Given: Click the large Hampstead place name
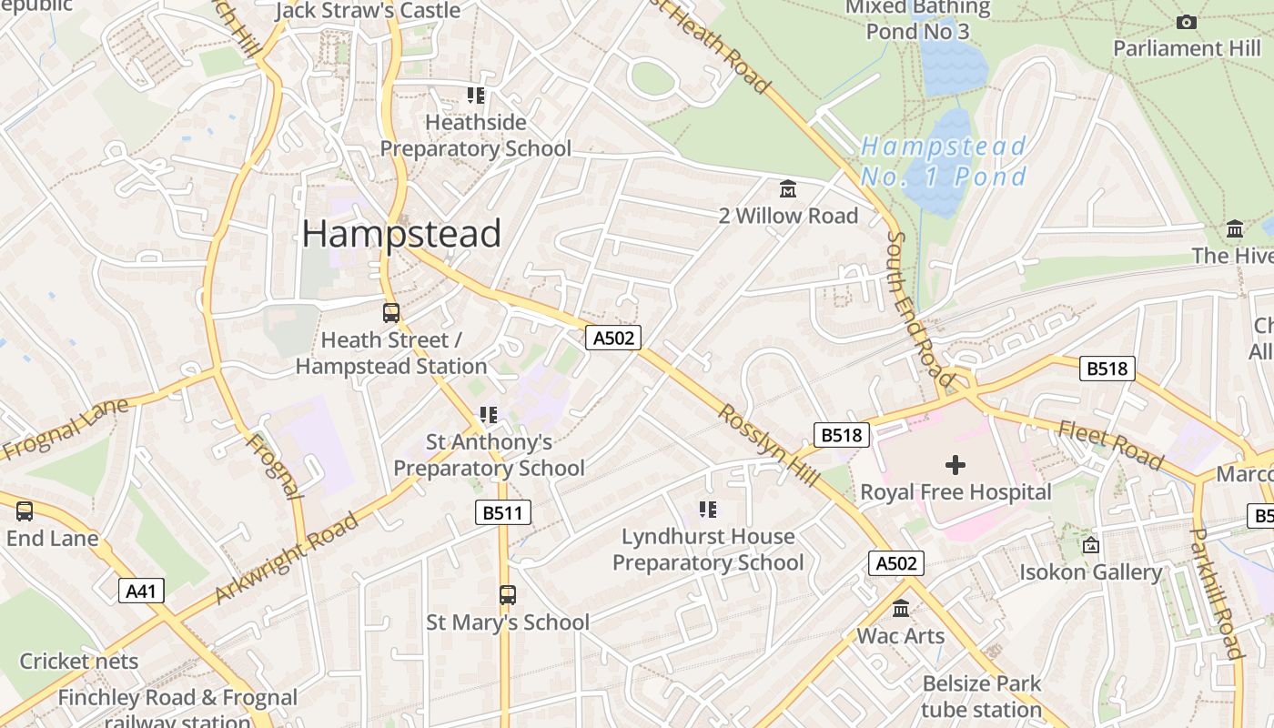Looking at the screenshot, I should [401, 234].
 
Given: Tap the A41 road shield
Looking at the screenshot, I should [141, 591].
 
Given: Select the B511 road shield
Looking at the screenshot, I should [502, 513].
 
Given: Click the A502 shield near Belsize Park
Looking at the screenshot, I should [895, 563].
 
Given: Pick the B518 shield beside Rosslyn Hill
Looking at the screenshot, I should [840, 435].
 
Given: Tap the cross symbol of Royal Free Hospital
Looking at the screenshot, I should [955, 465].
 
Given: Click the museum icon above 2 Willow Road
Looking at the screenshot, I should [788, 189].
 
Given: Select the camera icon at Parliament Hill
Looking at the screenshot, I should [1187, 22].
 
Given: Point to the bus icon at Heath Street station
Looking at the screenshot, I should [391, 313].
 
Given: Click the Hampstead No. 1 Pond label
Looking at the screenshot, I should [944, 161].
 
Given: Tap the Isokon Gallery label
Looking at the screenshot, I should [1090, 572].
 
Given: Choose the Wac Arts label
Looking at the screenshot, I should [900, 636].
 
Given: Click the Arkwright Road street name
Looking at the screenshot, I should [287, 559].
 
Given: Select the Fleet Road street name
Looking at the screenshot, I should [1110, 446].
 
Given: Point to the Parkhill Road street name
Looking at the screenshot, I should [1217, 592].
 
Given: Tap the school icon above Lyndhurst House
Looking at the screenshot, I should [708, 510].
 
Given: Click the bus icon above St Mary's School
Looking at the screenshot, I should [508, 595].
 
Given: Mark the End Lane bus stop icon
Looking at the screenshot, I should [25, 511].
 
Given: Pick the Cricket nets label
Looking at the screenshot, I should [79, 662].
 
